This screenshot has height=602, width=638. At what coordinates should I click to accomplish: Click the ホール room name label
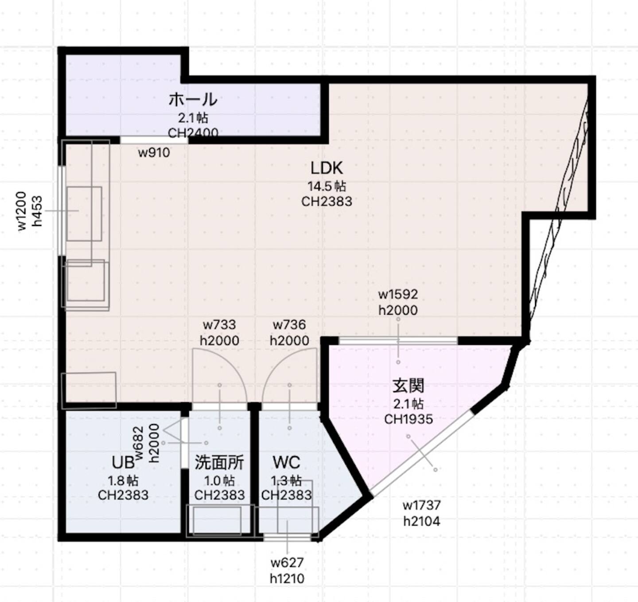click(193, 99)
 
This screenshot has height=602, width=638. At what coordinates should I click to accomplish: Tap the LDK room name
click(327, 168)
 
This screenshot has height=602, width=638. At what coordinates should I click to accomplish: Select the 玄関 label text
click(408, 386)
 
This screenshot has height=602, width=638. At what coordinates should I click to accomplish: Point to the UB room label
click(123, 463)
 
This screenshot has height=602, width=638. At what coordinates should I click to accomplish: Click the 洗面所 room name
click(219, 463)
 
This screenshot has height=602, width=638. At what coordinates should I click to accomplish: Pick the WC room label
click(287, 463)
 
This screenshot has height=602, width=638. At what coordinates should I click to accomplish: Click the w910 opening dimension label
click(154, 153)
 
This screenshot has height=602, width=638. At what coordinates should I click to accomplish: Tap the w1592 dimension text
click(398, 294)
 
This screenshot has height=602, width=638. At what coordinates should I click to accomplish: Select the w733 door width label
click(219, 325)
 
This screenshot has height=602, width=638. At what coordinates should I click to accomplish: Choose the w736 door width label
click(289, 325)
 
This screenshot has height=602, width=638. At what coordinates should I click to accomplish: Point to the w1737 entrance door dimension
click(421, 505)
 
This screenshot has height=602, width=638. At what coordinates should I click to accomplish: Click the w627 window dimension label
click(287, 563)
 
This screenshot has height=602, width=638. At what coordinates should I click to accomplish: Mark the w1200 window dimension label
click(22, 211)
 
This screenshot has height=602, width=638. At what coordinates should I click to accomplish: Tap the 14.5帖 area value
click(327, 186)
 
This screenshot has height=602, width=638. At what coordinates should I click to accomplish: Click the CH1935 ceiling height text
click(408, 419)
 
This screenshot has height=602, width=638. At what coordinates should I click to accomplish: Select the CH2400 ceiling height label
click(193, 133)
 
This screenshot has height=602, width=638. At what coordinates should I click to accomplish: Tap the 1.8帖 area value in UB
click(123, 481)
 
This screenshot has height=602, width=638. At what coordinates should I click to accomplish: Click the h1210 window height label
click(287, 578)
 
